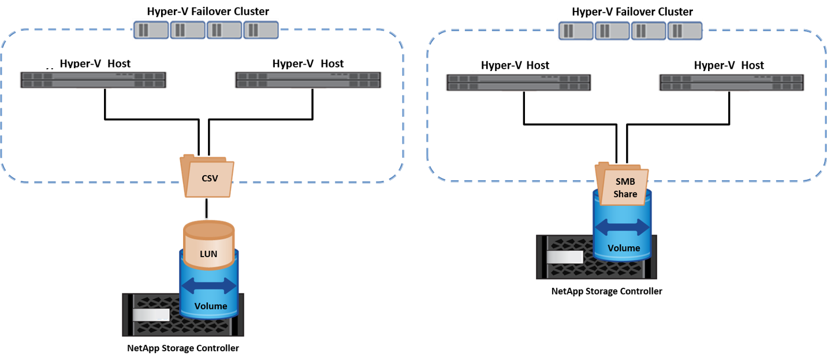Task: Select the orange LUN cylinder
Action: (x=208, y=246)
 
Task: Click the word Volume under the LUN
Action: (x=210, y=306)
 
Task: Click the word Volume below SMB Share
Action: (x=624, y=248)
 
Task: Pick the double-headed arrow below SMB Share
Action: (x=623, y=227)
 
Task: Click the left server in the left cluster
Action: (x=94, y=80)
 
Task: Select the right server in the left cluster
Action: (x=308, y=80)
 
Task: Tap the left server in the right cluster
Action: (x=519, y=83)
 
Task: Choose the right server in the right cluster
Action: (x=732, y=83)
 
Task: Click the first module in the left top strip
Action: (x=151, y=29)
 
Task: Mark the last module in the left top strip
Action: (x=260, y=29)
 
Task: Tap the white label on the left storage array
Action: (x=151, y=315)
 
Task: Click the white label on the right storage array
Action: (x=565, y=257)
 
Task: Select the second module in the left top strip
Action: (x=188, y=29)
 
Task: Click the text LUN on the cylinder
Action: (x=208, y=254)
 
